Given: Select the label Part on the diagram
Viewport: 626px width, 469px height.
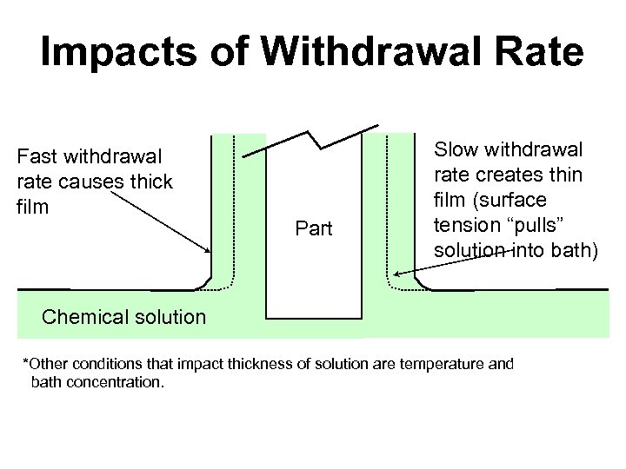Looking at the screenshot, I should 313,230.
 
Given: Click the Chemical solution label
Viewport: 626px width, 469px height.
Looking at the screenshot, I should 123,316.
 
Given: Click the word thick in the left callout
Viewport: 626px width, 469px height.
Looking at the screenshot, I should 150,182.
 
